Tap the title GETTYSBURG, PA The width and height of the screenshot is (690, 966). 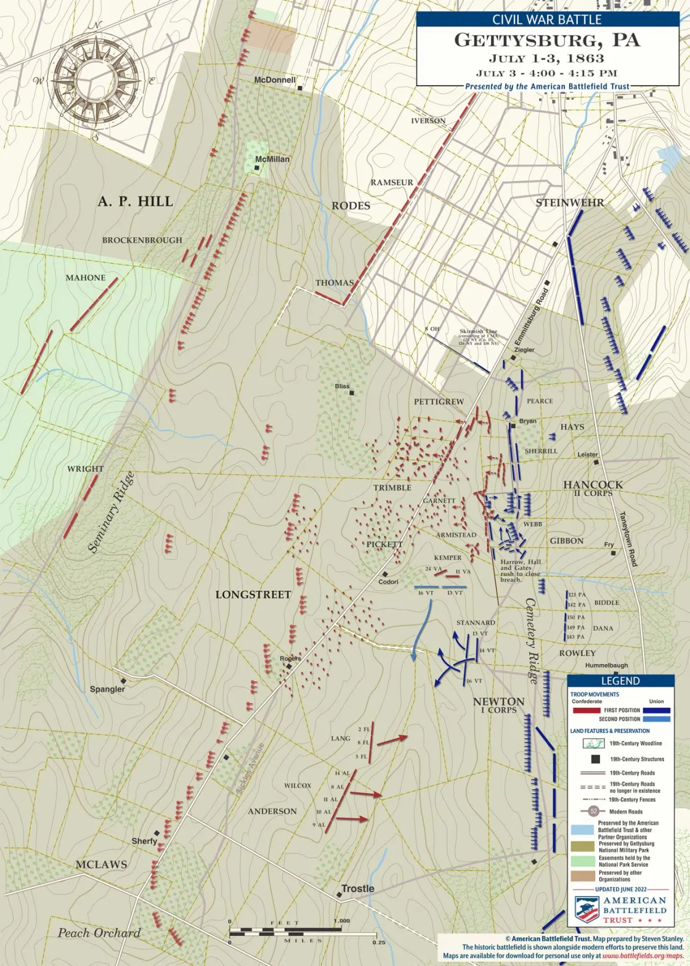pos(547,41)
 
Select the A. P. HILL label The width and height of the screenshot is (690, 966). pos(135,201)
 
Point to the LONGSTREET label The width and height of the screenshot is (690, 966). pos(253,595)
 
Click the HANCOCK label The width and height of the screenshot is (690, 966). pos(593,485)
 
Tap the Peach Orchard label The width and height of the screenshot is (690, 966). pos(99,933)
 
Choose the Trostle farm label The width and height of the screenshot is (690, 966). pos(357,888)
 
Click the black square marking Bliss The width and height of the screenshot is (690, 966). pos(352,392)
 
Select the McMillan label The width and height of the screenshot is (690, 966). pos(272,159)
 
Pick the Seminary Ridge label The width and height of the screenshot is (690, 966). pos(112,513)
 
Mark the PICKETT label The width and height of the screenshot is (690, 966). pos(384,544)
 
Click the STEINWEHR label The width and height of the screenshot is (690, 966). pos(569,203)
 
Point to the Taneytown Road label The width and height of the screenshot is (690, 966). pos(628,539)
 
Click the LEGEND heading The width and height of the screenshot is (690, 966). pos(620,681)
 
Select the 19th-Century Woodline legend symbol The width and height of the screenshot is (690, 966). pos(594,744)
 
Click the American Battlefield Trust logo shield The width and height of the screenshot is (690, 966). pos(586,909)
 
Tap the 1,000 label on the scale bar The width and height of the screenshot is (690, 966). pos(341,921)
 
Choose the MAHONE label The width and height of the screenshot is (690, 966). pos(86,278)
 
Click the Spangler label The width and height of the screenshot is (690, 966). pos(107,689)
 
